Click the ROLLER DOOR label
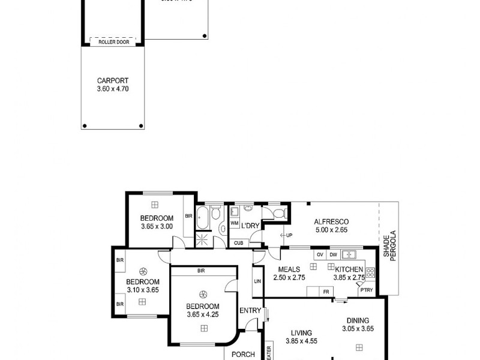(x=113, y=42)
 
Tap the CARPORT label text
(x=113, y=80)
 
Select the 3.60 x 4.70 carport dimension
(x=113, y=89)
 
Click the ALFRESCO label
(x=331, y=221)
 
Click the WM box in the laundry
(x=233, y=223)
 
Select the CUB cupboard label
(x=238, y=242)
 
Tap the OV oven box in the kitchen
(x=320, y=254)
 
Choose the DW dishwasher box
(x=333, y=254)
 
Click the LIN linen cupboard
(x=257, y=281)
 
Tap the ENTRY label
(x=250, y=310)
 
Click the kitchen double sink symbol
(x=349, y=254)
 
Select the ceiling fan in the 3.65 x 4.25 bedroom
(x=203, y=294)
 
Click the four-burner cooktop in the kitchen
(x=370, y=273)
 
